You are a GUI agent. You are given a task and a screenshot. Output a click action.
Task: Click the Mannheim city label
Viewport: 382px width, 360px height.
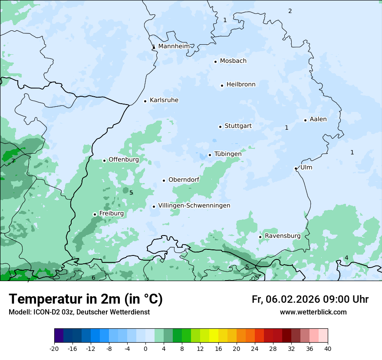174,46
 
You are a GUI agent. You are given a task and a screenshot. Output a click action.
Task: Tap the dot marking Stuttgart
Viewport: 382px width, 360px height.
220,127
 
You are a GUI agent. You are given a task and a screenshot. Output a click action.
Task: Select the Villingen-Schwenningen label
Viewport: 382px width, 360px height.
194,206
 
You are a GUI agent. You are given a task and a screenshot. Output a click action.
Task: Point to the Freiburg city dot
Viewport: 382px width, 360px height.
95,214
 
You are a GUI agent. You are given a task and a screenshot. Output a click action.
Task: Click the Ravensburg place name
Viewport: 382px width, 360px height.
283,236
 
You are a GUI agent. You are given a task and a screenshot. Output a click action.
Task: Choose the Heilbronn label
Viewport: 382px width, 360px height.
241,85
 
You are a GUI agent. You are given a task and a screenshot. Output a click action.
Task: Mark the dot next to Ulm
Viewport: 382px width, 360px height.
296,168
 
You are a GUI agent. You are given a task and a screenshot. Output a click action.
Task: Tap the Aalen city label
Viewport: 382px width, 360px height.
318,119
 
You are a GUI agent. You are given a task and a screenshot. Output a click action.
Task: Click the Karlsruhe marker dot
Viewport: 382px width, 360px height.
145,101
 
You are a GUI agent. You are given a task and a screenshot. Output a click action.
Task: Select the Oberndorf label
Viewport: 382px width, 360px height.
184,180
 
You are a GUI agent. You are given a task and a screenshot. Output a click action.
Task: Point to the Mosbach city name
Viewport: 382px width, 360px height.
233,61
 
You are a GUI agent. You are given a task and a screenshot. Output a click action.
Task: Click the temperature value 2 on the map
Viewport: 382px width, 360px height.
290,11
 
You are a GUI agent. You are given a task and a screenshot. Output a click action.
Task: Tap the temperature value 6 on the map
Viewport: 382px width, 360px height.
93,278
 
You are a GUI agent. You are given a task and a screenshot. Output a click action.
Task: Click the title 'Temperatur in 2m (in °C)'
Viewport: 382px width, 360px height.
86,299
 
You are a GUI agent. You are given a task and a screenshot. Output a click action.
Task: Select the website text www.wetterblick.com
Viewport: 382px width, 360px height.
313,312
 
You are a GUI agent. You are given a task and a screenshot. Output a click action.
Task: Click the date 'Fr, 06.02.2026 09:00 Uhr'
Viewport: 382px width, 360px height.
310,299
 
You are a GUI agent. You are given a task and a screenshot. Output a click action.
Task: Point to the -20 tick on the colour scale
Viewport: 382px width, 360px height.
54,348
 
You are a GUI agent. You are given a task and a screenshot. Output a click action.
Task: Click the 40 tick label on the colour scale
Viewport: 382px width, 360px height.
328,348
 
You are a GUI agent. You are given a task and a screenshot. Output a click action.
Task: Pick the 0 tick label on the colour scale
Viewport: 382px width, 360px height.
145,348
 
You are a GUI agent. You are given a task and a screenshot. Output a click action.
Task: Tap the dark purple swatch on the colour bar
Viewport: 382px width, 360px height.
59,336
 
